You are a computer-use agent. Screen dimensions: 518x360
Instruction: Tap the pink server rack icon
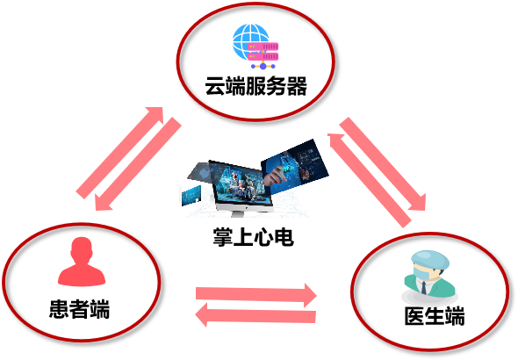pos(263,52)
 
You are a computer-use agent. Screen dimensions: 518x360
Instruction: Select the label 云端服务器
pos(256,86)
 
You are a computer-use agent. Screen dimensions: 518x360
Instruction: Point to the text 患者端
pos(79,309)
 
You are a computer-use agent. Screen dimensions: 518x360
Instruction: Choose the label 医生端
pos(435,316)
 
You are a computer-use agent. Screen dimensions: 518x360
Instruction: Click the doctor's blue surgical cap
pos(430,259)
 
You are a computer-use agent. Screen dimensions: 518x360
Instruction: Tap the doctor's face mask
pos(422,274)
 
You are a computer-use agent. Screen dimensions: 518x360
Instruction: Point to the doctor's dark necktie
pos(423,287)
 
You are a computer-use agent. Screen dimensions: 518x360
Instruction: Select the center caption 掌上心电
pos(254,237)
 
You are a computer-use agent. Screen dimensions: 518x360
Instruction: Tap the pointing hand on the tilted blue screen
pos(276,176)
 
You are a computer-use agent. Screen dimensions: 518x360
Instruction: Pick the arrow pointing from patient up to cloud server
pos(120,153)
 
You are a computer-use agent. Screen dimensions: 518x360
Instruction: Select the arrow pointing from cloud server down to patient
pos(138,164)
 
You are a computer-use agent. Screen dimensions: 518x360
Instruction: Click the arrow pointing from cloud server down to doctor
pos(383,164)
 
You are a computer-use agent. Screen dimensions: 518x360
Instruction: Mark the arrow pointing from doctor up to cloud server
pos(370,181)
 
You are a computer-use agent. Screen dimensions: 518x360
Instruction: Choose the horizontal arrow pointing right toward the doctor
pos(256,295)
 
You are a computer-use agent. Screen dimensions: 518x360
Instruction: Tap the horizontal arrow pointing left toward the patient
pos(255,314)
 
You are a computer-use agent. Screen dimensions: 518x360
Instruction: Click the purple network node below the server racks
pos(263,66)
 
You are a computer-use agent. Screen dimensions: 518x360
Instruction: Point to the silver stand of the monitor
pos(239,214)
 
